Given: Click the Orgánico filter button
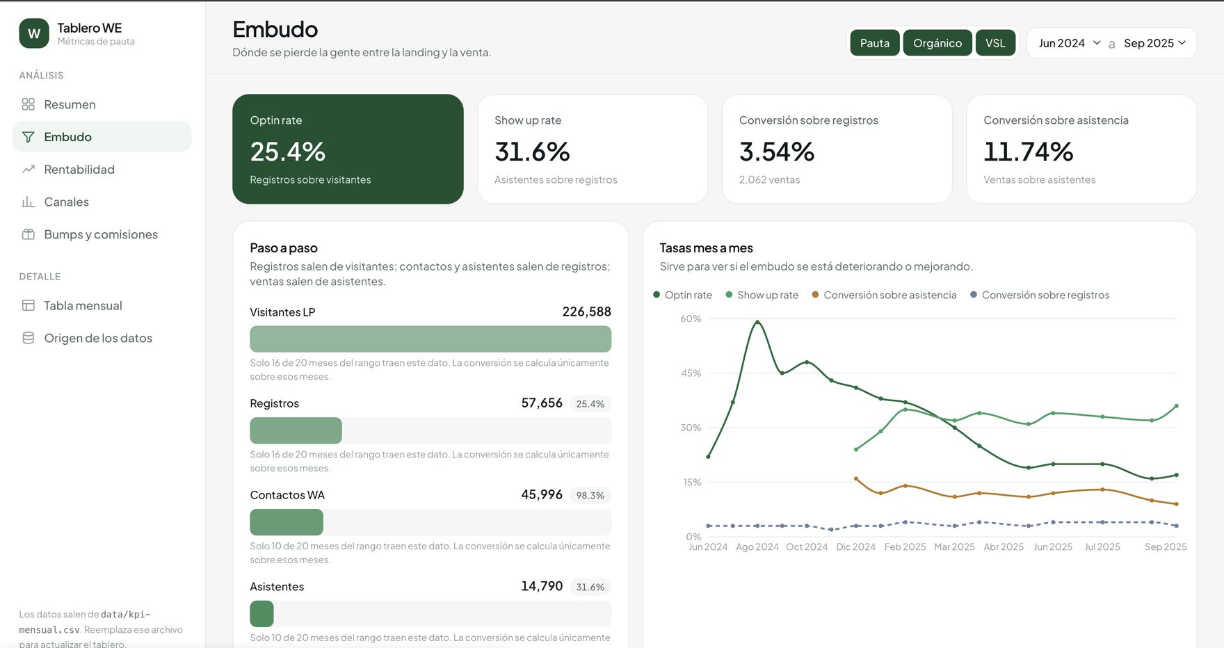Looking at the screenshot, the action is coord(937,43).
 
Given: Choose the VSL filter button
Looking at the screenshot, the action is coord(995,43).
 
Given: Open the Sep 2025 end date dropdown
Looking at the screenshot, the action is coord(1155,43).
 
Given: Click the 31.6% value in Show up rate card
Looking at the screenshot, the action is coord(533,152).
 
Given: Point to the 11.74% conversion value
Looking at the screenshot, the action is coord(1029,152).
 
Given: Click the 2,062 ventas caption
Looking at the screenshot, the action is coord(769,180).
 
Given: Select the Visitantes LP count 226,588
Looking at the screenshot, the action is coord(586,312).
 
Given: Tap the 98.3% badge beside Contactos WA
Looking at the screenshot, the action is coord(590,496).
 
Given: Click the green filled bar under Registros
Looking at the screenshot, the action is coord(296,431).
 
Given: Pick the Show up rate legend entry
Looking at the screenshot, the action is coord(762,295).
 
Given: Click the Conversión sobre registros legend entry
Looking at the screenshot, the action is coord(1040,295).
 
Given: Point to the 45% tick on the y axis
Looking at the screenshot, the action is coord(691,373).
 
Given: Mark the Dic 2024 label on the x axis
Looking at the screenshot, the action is coord(856,547).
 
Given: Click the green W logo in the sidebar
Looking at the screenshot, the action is coord(34,33).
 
